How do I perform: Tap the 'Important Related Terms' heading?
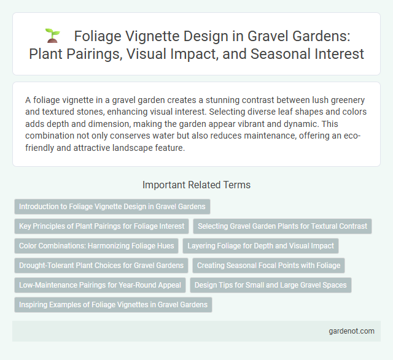[x=196, y=184]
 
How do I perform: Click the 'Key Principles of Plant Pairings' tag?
[x=101, y=226]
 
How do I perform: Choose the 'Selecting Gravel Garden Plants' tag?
[x=282, y=226]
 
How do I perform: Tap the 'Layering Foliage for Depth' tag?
[x=260, y=245]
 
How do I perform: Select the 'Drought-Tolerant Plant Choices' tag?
[x=101, y=265]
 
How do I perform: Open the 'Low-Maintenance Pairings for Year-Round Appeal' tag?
[x=100, y=285]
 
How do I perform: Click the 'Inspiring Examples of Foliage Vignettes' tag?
[x=113, y=304]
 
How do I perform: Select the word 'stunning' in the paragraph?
[x=225, y=99]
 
